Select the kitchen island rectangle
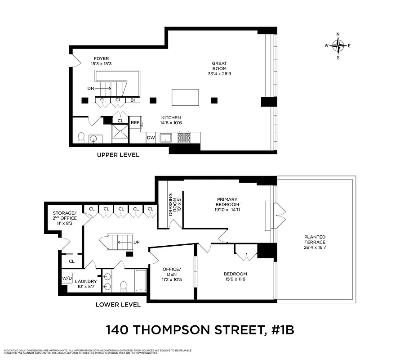[x=185, y=97]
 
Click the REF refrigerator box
[x=135, y=122]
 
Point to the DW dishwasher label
[x=151, y=138]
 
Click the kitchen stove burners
[x=184, y=137]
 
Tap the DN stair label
[x=91, y=89]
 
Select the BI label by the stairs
[x=133, y=100]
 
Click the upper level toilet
[x=81, y=137]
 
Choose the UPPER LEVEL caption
[x=118, y=155]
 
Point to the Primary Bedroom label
[x=227, y=204]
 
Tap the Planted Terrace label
[x=315, y=240]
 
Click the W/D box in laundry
[x=67, y=279]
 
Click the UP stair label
[x=137, y=242]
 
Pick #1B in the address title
[x=280, y=330]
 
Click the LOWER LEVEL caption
[x=118, y=305]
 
